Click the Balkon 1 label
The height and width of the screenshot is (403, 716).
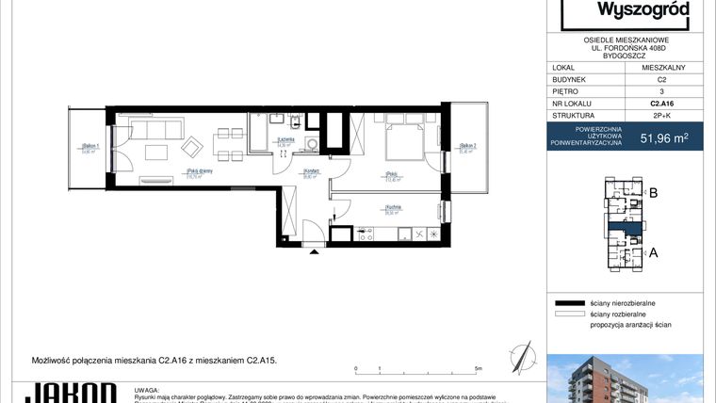pyautogui.click(x=90, y=147)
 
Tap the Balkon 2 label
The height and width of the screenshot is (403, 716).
pyautogui.click(x=468, y=146)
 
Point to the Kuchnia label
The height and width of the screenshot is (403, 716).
pyautogui.click(x=394, y=209)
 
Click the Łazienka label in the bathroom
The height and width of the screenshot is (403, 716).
pyautogui.click(x=282, y=141)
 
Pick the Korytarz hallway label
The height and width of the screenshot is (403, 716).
pyautogui.click(x=311, y=173)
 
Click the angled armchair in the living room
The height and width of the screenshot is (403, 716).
pyautogui.click(x=191, y=147)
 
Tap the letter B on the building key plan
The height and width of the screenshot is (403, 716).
pyautogui.click(x=653, y=195)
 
